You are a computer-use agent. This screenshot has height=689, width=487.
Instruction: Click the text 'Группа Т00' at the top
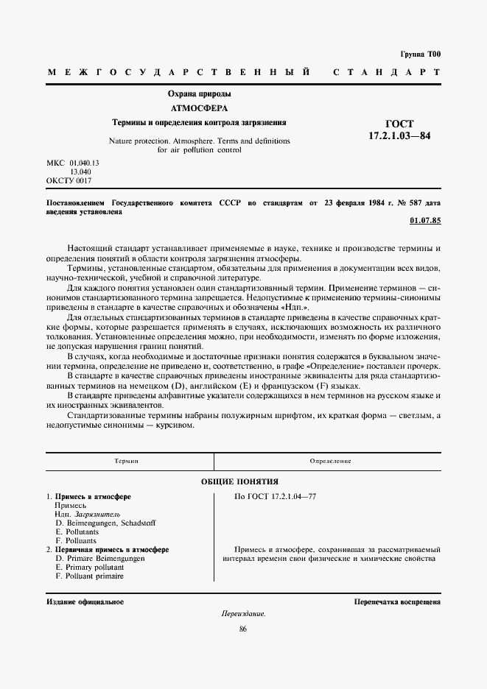coord(420,54)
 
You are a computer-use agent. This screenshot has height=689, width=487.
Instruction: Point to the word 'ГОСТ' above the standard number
coord(399,124)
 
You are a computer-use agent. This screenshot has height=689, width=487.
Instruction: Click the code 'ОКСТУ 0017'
coord(69,180)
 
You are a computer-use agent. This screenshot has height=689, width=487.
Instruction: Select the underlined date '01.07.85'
coord(424,221)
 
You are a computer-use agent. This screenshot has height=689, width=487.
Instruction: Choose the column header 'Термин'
coord(127,461)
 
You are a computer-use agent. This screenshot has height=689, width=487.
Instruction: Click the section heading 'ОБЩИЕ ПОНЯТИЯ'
coord(243,481)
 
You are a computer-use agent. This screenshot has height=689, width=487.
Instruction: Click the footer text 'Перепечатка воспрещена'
coord(397,601)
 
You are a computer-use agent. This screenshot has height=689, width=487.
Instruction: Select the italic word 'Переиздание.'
coord(243,614)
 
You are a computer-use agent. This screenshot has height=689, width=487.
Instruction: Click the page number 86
coord(243,629)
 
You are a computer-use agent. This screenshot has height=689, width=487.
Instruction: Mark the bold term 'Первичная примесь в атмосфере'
coord(112,550)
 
